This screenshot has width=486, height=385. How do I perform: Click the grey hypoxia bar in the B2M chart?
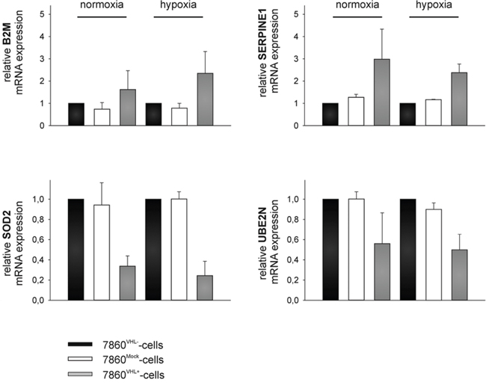click(205, 99)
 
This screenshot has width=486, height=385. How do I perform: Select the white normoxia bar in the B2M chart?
click(102, 117)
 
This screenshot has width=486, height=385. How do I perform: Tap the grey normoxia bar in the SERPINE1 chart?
click(382, 93)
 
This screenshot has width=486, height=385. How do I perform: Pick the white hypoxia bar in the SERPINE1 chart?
click(434, 113)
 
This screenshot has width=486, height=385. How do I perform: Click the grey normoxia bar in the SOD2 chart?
click(127, 283)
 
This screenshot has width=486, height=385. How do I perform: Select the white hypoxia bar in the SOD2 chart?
click(179, 250)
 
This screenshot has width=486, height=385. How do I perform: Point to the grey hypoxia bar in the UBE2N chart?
click(459, 275)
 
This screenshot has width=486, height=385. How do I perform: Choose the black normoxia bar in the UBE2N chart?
click(330, 250)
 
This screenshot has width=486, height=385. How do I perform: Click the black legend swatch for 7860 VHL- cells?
click(80, 344)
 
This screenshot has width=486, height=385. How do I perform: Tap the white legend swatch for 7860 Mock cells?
click(80, 359)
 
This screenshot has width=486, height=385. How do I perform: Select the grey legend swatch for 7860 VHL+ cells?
click(80, 374)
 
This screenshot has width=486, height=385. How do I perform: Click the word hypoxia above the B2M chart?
click(178, 5)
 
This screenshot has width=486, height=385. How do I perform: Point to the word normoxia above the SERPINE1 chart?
click(357, 4)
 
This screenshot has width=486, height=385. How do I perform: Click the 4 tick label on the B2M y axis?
click(42, 37)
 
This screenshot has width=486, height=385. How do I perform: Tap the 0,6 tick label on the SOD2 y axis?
click(38, 240)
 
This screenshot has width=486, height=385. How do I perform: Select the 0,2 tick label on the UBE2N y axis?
click(293, 280)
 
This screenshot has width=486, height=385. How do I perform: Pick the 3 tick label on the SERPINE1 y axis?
click(297, 59)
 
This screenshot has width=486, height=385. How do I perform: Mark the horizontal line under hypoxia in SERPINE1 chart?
click(434, 16)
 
